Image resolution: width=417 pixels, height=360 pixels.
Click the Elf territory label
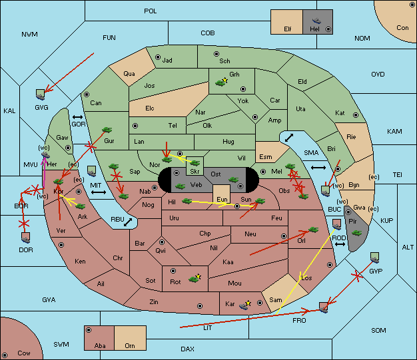tap(288, 29)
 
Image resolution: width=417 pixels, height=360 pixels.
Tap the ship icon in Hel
tap(316, 21)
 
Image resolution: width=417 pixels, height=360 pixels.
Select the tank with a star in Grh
tap(222, 82)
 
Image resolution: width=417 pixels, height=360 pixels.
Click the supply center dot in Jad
tap(158, 57)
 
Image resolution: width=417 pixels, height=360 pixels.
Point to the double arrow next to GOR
tap(77, 117)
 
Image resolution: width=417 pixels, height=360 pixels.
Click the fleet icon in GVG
tap(41, 94)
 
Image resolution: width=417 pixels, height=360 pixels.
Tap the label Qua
tap(129, 74)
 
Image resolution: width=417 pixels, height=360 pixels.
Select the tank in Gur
tap(107, 130)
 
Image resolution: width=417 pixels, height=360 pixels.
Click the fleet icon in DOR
tap(26, 238)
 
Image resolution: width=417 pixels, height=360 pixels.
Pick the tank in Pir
tap(356, 233)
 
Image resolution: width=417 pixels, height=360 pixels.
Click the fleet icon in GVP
tap(375, 258)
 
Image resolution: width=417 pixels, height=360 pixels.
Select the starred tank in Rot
tap(195, 278)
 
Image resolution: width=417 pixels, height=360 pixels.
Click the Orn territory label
tap(130, 345)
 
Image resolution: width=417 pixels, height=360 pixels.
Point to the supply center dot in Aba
tap(89, 330)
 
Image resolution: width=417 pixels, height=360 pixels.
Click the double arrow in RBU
tap(128, 222)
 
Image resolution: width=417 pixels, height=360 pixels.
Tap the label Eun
tap(222, 199)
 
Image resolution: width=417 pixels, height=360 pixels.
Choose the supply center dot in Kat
tap(356, 115)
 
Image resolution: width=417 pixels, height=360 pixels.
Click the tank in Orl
tap(313, 230)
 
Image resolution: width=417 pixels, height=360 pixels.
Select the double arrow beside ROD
tap(340, 244)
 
